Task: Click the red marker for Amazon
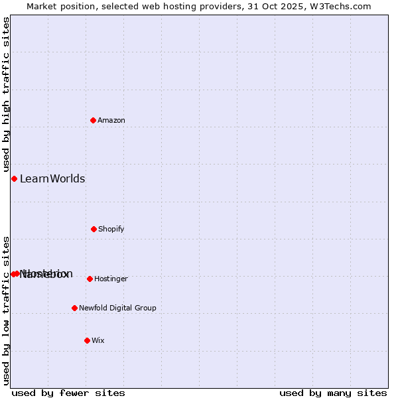94,120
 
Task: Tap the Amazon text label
111,120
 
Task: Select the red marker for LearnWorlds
14,178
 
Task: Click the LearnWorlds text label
52,178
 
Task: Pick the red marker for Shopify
94,229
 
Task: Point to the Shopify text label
111,229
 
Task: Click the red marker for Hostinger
90,279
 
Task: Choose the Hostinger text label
111,279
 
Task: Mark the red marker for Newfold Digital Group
74,308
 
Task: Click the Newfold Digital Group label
117,308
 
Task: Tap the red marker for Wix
87,340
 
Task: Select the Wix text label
98,340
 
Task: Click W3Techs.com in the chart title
344,6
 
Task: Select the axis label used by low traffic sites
7,310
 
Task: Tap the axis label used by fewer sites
68,393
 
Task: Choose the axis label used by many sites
333,393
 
